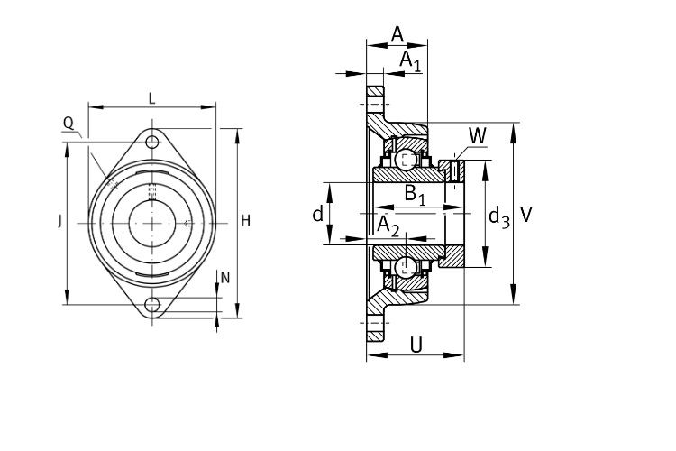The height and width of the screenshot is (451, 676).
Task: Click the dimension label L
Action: click(x=151, y=98)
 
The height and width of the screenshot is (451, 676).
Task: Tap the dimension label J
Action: click(x=60, y=222)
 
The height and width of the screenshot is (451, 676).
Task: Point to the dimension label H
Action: click(x=245, y=222)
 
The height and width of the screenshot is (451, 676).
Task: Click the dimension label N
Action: click(x=225, y=278)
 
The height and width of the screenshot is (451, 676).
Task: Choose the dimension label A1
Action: click(x=410, y=60)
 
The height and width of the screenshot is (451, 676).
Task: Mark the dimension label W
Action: click(x=477, y=135)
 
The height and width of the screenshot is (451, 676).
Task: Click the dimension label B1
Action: click(x=416, y=194)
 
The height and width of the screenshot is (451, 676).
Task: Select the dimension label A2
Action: click(x=388, y=225)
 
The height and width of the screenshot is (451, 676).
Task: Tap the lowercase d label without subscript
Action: click(x=317, y=214)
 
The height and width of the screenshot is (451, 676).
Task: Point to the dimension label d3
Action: click(x=498, y=216)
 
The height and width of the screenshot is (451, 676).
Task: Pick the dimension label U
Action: click(x=416, y=344)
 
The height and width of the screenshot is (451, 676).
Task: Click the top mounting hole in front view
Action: click(x=153, y=143)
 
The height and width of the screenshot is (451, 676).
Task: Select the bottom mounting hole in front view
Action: click(x=153, y=303)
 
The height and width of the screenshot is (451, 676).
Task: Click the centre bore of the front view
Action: click(x=153, y=222)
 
